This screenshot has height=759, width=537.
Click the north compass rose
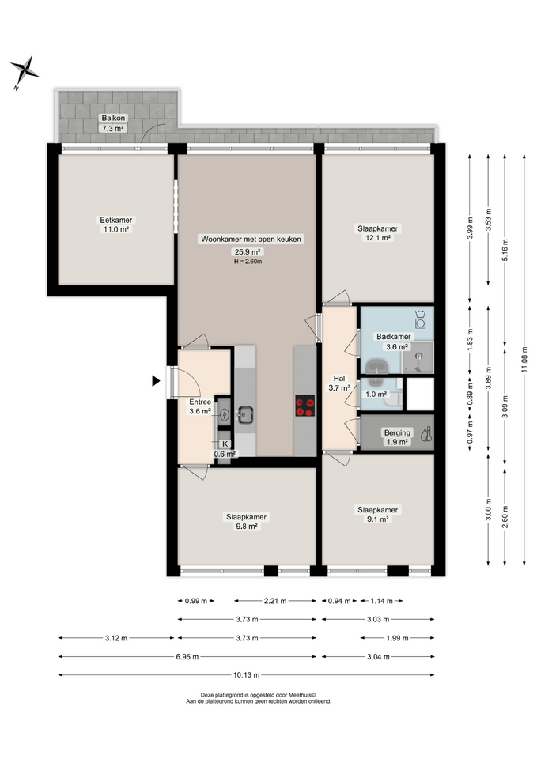(25, 70)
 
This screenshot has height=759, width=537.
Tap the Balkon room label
(113, 118)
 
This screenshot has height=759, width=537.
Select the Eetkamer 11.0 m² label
(115, 225)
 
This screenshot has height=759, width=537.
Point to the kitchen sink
(245, 413)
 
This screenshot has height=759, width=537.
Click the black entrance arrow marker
(156, 381)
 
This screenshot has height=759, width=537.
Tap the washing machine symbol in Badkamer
(421, 319)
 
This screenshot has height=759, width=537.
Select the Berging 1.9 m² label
(397, 437)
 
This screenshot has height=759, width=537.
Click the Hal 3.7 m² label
(339, 383)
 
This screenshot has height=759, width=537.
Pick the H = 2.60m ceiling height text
(248, 262)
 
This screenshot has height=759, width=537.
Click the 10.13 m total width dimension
(247, 674)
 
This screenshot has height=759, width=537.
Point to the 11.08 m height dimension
(524, 360)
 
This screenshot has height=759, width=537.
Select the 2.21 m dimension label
(275, 601)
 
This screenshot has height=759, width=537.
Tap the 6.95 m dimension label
(187, 656)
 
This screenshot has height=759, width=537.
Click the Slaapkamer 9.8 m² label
(246, 521)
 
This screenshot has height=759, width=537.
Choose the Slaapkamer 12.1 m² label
(378, 232)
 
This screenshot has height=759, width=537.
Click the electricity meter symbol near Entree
(224, 414)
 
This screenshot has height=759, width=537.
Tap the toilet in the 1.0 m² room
(395, 398)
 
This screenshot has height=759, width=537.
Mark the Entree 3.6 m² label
(200, 406)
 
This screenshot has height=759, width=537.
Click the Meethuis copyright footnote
(259, 698)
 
